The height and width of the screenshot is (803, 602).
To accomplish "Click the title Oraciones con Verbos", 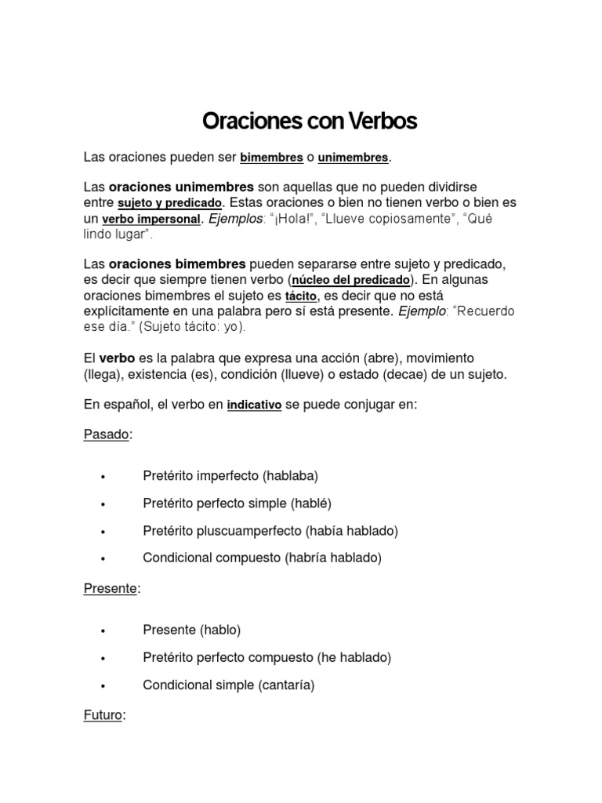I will (x=310, y=122).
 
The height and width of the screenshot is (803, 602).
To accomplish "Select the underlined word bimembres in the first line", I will (x=271, y=158).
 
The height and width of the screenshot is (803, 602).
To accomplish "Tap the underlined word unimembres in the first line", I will (x=353, y=158).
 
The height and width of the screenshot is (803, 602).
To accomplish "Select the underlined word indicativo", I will (x=254, y=406).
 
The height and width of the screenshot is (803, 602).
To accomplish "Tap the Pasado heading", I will (x=106, y=434).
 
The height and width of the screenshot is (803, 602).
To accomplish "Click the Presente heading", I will (x=111, y=589).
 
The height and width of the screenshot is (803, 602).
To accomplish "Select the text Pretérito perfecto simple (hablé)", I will (x=231, y=503).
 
